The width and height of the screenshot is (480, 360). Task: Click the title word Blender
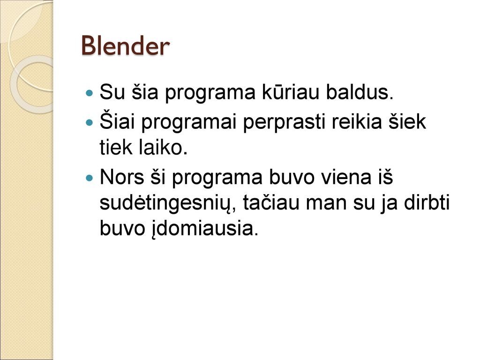coord(125,46)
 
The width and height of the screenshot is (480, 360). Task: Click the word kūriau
coord(290,91)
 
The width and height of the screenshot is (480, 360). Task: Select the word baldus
coord(360,91)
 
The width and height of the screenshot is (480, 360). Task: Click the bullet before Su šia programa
coord(90,92)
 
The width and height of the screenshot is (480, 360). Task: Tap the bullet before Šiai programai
coord(90,122)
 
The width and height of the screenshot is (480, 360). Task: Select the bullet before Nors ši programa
coord(90,178)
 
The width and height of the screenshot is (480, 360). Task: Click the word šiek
coord(407,121)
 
